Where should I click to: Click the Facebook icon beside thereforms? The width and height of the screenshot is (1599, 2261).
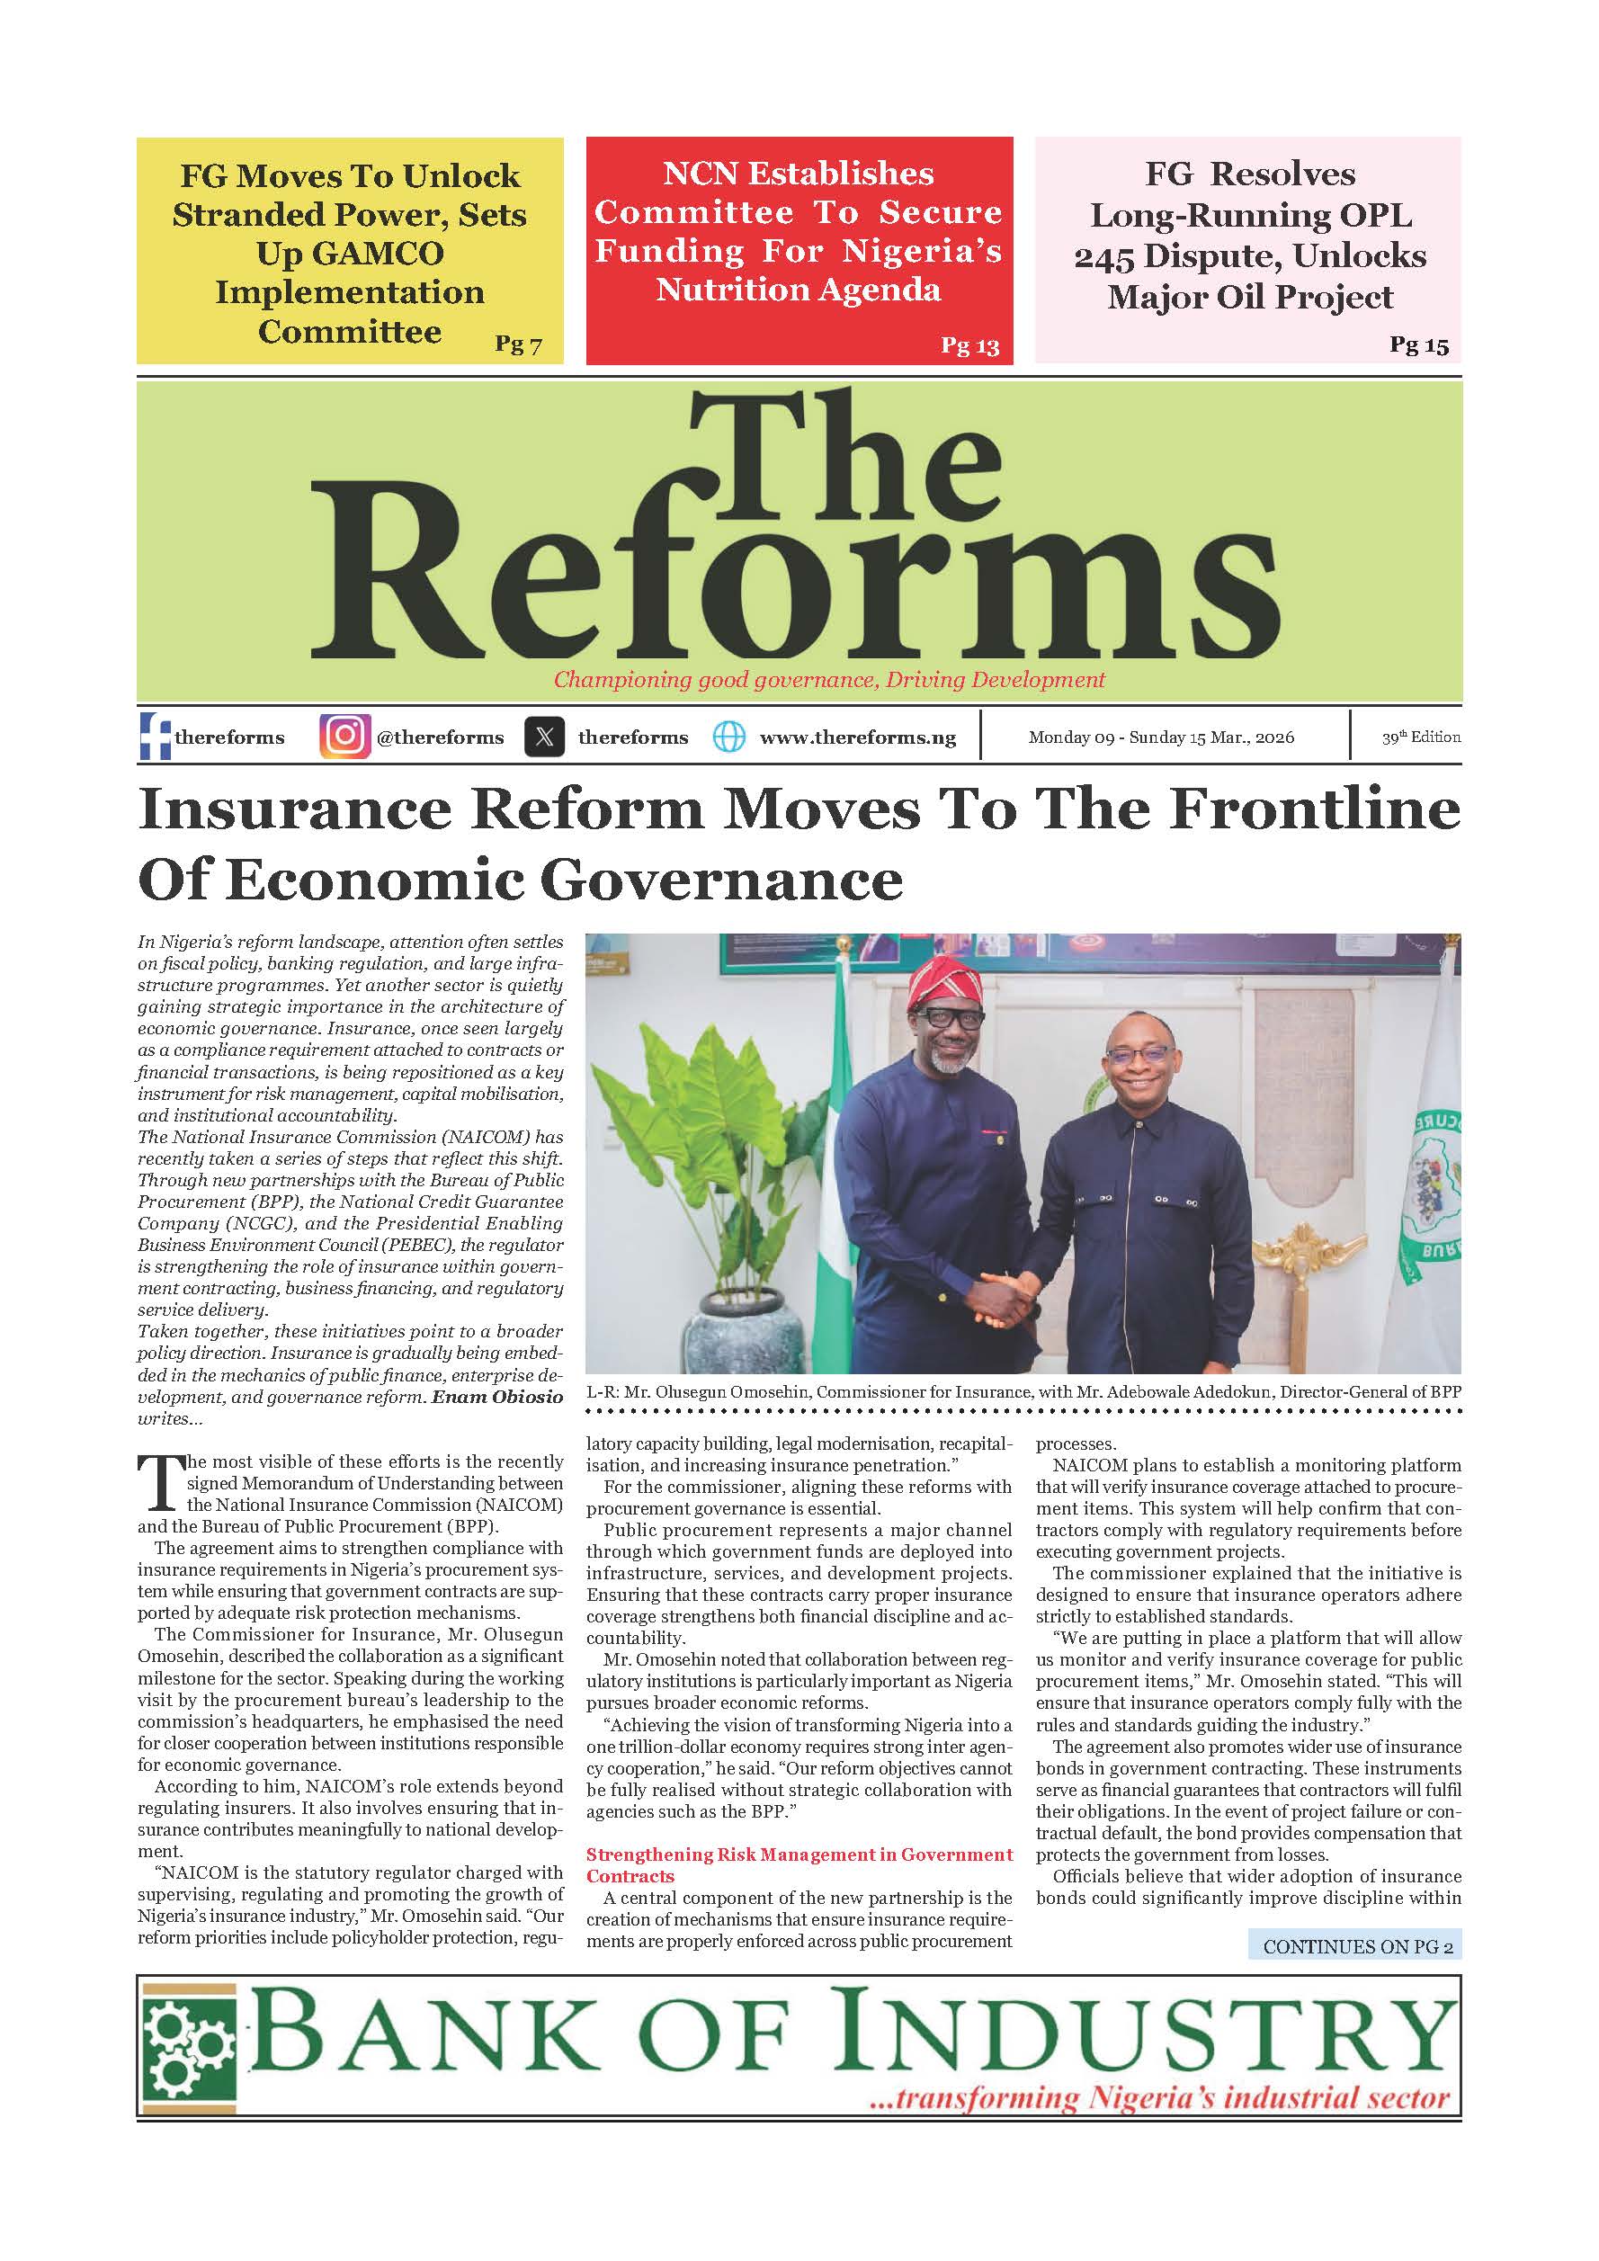[x=155, y=737]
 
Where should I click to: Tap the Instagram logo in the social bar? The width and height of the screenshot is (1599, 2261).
[x=344, y=737]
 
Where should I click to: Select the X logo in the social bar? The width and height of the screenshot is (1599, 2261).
[x=544, y=737]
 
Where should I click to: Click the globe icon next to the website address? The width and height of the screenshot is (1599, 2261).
[x=728, y=737]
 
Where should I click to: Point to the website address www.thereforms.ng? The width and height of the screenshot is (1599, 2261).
[x=858, y=737]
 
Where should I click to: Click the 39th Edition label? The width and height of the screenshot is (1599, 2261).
[x=1420, y=737]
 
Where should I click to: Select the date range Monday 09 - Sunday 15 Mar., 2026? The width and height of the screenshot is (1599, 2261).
[x=1161, y=737]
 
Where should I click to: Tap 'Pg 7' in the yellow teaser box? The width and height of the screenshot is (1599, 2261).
[x=518, y=344]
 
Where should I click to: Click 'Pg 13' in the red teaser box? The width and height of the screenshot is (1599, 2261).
[x=969, y=345]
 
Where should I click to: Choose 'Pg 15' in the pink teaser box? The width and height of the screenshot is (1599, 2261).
[x=1419, y=344]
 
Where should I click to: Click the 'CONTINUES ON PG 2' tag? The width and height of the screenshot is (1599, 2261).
[x=1357, y=1946]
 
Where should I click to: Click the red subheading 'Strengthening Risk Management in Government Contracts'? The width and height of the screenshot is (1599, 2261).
[x=799, y=1865]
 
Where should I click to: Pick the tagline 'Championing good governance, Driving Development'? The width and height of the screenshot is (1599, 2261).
[x=829, y=680]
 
